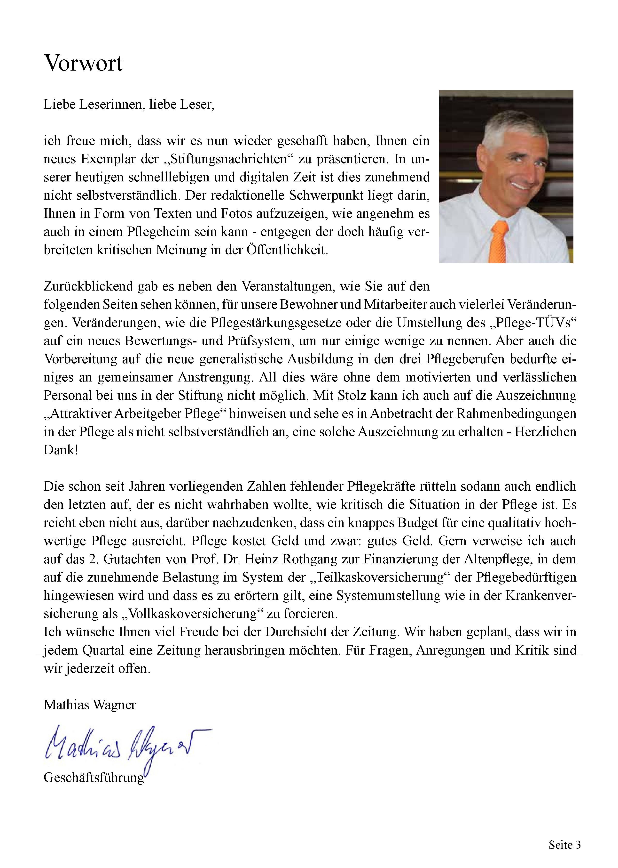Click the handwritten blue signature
[125, 743]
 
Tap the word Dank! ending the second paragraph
[61, 450]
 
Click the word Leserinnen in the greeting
[112, 104]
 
